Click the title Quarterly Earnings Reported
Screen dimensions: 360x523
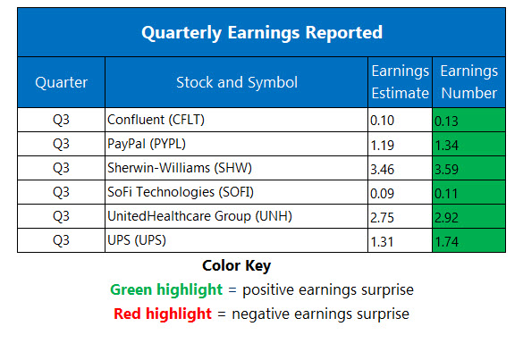pos(261,33)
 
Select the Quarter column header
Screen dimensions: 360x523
pos(61,83)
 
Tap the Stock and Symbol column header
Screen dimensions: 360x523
pos(237,83)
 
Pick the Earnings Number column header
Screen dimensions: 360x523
pos(468,82)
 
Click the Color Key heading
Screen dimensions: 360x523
pos(236,266)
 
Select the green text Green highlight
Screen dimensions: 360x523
pos(167,289)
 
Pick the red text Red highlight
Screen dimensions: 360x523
pos(163,314)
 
